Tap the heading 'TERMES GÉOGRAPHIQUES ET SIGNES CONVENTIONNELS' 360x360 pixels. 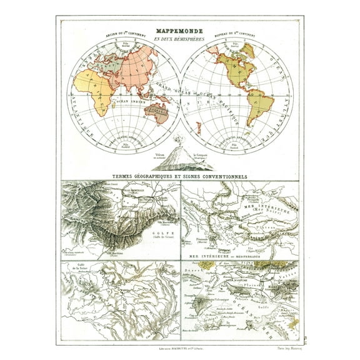coord(179,177)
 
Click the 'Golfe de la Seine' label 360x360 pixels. coord(81,269)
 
